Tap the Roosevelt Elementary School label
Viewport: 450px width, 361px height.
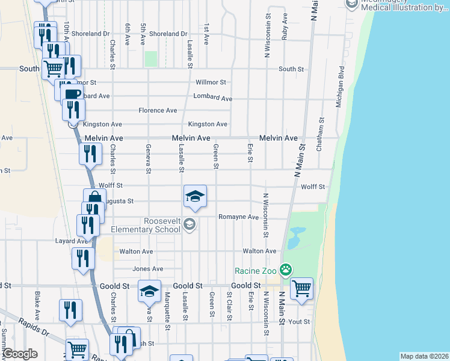pyautogui.click(x=146, y=225)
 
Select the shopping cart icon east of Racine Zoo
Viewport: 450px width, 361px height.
pyautogui.click(x=301, y=288)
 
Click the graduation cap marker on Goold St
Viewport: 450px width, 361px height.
pyautogui.click(x=149, y=291)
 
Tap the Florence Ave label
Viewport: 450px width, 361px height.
pyautogui.click(x=158, y=111)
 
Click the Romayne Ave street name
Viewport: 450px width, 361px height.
pyautogui.click(x=238, y=217)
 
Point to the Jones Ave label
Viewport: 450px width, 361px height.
pyautogui.click(x=148, y=269)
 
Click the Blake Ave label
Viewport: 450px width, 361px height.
pyautogui.click(x=37, y=306)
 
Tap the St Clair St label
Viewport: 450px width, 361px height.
pyautogui.click(x=229, y=305)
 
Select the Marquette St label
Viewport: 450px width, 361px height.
pyautogui.click(x=167, y=307)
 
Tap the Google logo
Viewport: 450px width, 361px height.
pyautogui.click(x=20, y=354)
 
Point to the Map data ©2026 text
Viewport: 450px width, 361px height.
pyautogui.click(x=424, y=356)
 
